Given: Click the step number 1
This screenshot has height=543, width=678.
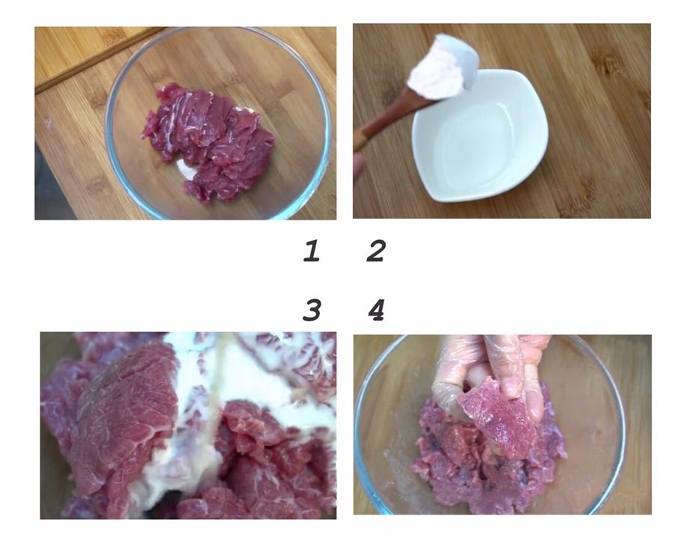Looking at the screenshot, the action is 311,251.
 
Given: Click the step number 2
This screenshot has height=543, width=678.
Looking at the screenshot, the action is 376,251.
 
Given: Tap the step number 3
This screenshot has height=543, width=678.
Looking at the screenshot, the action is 312,310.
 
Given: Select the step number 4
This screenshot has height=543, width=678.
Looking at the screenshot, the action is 376,310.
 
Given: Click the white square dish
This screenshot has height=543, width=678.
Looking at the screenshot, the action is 479,136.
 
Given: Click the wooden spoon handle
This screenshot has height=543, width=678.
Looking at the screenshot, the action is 389,119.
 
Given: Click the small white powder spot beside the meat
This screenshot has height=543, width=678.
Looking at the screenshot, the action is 187,169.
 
